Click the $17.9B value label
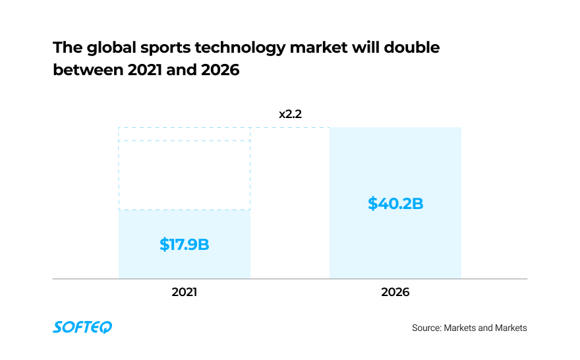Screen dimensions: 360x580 coord(184,245)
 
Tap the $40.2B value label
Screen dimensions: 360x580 coord(395,203)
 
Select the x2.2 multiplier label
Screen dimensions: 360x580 coord(289,114)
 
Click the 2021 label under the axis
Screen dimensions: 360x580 coord(184,291)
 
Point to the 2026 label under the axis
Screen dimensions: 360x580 coord(395,291)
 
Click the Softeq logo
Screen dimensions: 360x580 coord(82,327)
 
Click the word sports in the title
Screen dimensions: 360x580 coord(156,48)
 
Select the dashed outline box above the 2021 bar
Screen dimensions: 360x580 coord(184,168)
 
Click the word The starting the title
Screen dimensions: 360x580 coord(66,48)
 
